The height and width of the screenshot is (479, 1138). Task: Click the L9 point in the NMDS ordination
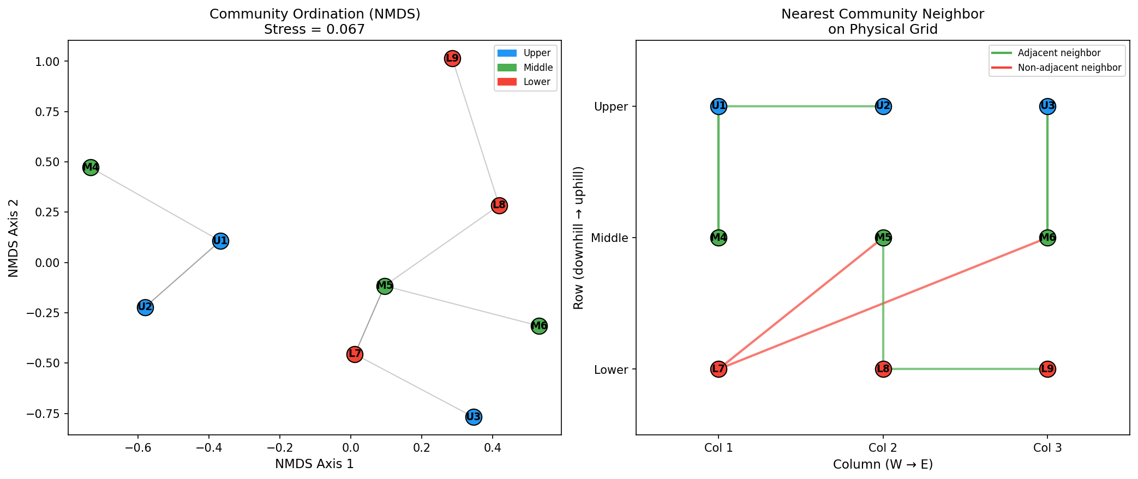pos(452,58)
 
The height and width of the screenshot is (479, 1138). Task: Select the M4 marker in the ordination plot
pos(91,167)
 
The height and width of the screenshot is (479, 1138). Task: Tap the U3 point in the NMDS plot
pos(474,417)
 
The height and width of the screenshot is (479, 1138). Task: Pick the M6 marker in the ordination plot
pos(539,326)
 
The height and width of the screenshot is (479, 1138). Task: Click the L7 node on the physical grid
pos(718,369)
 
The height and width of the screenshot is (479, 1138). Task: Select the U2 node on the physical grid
pos(883,106)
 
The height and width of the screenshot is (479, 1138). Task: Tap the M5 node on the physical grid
pos(883,238)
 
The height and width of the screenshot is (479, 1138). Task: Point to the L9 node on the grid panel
pos(1047,369)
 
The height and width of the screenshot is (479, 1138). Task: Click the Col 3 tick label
pos(1047,448)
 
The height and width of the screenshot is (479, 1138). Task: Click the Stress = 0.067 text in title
pos(314,29)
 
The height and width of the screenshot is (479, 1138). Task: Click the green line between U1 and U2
pos(801,106)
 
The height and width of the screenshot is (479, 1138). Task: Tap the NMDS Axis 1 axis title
pos(314,464)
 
